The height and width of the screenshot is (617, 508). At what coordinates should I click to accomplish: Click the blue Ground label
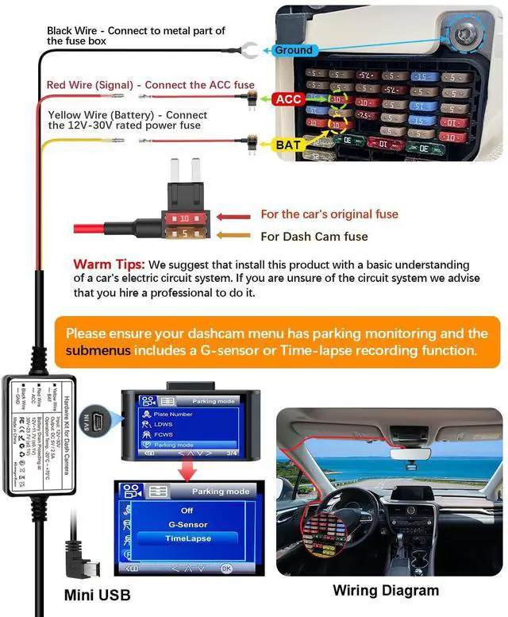[x=293, y=50]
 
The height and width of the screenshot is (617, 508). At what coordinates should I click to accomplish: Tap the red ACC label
[x=287, y=99]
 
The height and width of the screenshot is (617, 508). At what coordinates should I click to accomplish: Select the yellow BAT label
[x=287, y=145]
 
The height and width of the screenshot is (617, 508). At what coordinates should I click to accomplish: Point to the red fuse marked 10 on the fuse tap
[x=183, y=217]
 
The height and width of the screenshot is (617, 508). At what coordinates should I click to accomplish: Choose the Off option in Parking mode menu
[x=187, y=511]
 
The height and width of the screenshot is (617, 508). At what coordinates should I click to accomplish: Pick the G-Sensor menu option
[x=187, y=525]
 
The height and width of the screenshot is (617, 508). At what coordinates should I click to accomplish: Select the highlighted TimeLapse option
[x=187, y=539]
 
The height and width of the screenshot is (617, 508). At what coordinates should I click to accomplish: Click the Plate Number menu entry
[x=173, y=415]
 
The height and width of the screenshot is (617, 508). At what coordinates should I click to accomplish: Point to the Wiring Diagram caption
[x=385, y=590]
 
